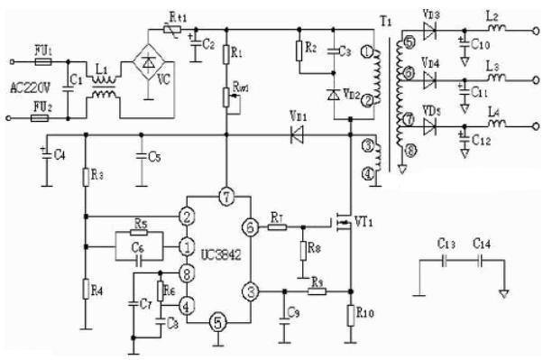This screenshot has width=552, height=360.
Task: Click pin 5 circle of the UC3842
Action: [216, 320]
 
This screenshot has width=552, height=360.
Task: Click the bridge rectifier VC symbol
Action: [148, 63]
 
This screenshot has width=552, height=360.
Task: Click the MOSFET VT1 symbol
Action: [345, 221]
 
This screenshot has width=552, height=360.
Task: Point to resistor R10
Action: [351, 315]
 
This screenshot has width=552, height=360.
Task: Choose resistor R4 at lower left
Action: [84, 290]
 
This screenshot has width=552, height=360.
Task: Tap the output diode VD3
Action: [429, 28]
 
